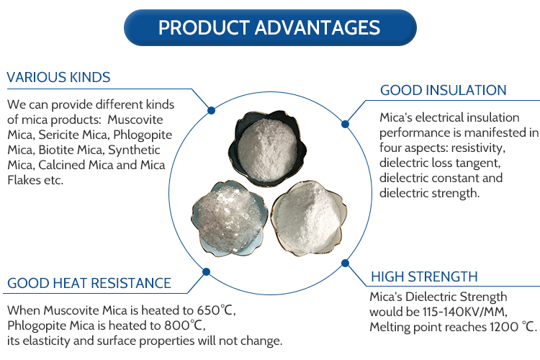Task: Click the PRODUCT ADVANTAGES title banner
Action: point(270,27)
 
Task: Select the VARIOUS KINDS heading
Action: point(58,77)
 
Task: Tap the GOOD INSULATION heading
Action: point(444,90)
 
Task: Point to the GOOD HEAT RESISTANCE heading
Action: point(89,283)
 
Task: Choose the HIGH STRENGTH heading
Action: point(424,276)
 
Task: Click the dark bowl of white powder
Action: point(267,148)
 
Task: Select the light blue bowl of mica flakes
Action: point(229,219)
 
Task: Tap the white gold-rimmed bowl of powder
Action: point(309,218)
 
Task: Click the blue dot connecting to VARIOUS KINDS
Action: point(212,111)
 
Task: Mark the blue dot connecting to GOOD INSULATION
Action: point(345,124)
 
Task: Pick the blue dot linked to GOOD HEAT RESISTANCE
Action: point(207,272)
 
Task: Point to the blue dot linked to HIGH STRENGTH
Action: point(345,264)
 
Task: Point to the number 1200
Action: point(504,327)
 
